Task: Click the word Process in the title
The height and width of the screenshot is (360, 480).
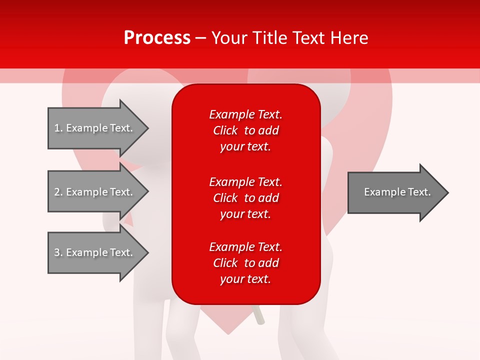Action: tap(157, 38)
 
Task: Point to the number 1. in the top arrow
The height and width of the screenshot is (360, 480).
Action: tap(58, 128)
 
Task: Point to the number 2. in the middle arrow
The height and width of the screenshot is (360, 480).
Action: tap(58, 192)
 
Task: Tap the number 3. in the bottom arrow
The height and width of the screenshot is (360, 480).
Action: tap(58, 252)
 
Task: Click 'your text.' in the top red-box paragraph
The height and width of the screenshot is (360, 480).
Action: tap(245, 147)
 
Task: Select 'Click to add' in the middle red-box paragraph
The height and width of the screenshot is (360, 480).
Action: tap(245, 198)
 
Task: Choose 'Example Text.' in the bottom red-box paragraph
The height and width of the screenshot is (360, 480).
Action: tap(245, 247)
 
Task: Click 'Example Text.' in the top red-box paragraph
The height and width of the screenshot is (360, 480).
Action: tap(245, 114)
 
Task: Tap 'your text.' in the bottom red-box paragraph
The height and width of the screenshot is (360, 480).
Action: tap(245, 279)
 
